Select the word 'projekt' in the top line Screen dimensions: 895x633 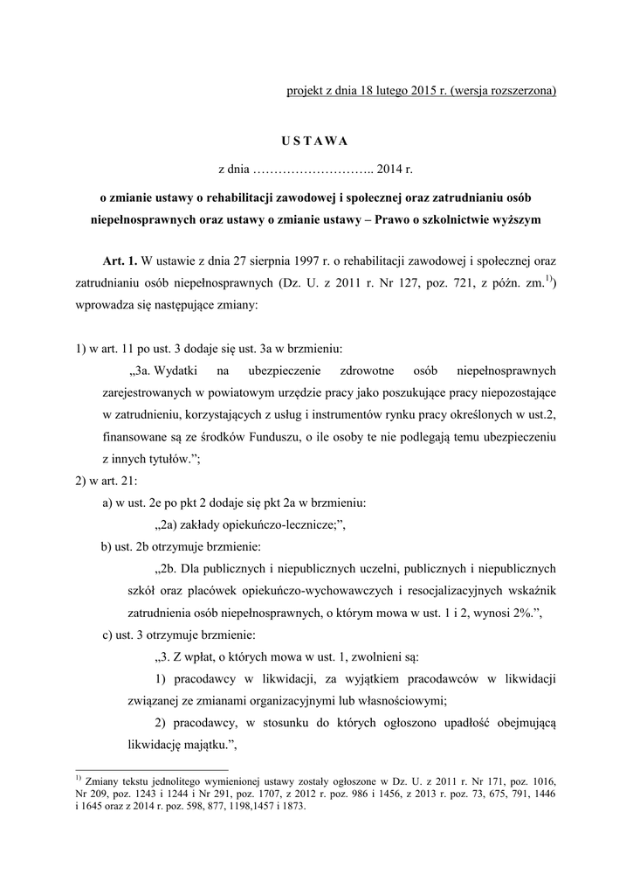tap(306, 90)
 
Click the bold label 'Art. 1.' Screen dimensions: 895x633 tap(120, 260)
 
